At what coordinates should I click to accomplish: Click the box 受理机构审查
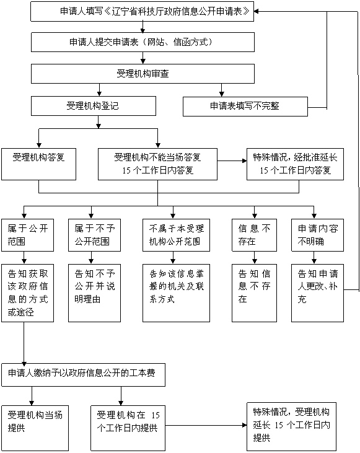(x=143, y=74)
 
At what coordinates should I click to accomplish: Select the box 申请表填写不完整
(x=245, y=107)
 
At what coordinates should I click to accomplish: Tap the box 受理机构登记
(x=94, y=106)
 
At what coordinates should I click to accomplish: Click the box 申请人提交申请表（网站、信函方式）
(x=143, y=42)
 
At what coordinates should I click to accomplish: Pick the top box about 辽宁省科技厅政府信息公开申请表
(x=142, y=12)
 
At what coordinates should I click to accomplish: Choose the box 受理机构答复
(x=38, y=164)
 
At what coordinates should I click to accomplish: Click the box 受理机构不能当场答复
(x=157, y=164)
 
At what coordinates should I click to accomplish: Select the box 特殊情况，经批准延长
(x=295, y=164)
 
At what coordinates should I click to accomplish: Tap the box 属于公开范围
(x=27, y=235)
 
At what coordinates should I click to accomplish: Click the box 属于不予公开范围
(x=94, y=235)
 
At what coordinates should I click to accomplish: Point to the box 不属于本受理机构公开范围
(x=176, y=235)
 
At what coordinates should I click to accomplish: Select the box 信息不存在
(x=254, y=235)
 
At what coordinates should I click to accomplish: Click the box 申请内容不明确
(x=317, y=235)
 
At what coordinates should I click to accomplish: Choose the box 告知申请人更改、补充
(x=317, y=293)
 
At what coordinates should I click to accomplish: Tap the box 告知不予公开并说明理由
(x=94, y=293)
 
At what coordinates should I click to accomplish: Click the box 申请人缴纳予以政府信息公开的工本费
(x=83, y=375)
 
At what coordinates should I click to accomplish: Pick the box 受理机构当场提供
(x=35, y=428)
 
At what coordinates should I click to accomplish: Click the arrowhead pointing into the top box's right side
(x=257, y=12)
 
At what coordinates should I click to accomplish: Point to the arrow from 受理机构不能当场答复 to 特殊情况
(x=232, y=161)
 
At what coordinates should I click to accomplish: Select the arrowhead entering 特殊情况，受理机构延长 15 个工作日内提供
(x=244, y=425)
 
